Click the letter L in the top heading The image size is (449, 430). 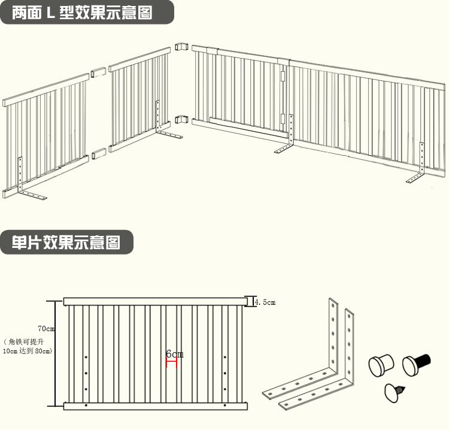coord(51,13)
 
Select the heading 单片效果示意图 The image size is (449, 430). coord(66,242)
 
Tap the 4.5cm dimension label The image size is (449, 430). coord(265,303)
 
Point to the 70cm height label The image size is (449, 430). coord(45,329)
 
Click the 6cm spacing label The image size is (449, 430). coord(175,355)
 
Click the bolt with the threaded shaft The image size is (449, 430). coord(417,363)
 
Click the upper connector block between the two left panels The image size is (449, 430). coord(98,74)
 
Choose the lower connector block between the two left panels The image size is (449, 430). coord(99,153)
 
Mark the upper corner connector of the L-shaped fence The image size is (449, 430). coord(181,47)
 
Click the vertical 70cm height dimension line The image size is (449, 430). coord(56,353)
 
